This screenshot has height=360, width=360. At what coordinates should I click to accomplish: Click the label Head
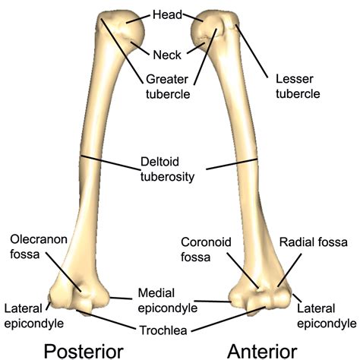pos(168,14)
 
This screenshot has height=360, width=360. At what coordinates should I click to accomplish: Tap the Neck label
pos(168,55)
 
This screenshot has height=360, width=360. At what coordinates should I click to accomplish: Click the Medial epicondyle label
pos(168,300)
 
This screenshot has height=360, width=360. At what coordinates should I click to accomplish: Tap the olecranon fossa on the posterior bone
pos(77,287)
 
